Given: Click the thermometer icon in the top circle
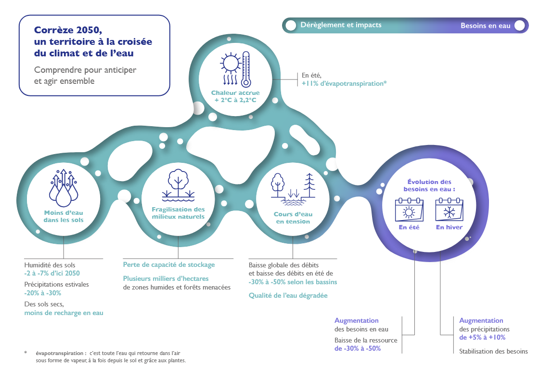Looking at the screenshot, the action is (246, 69).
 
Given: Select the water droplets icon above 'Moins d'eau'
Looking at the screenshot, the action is (64, 188).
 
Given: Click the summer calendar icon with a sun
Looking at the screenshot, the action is (409, 210).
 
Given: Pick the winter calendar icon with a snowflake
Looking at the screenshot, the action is (449, 210).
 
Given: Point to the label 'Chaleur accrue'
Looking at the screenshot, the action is (235, 93).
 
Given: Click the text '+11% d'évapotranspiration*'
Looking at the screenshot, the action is (344, 83).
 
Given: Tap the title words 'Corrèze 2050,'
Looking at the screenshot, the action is (68, 30).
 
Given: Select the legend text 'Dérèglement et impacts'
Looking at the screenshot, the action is (341, 25).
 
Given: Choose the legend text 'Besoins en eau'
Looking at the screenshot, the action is (485, 26).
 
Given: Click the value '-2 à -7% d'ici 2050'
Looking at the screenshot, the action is (52, 274).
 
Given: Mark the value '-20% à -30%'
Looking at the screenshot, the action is (43, 293).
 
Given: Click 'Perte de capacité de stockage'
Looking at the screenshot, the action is (169, 265).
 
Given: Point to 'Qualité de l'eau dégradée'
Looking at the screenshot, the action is (288, 295).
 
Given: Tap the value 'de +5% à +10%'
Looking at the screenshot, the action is (482, 338).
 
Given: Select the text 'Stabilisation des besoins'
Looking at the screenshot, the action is (493, 351).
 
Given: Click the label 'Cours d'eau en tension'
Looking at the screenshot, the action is (293, 218).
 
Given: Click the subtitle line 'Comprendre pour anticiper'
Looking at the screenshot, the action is (85, 70).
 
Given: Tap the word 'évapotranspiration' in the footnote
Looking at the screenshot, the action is (59, 354).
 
